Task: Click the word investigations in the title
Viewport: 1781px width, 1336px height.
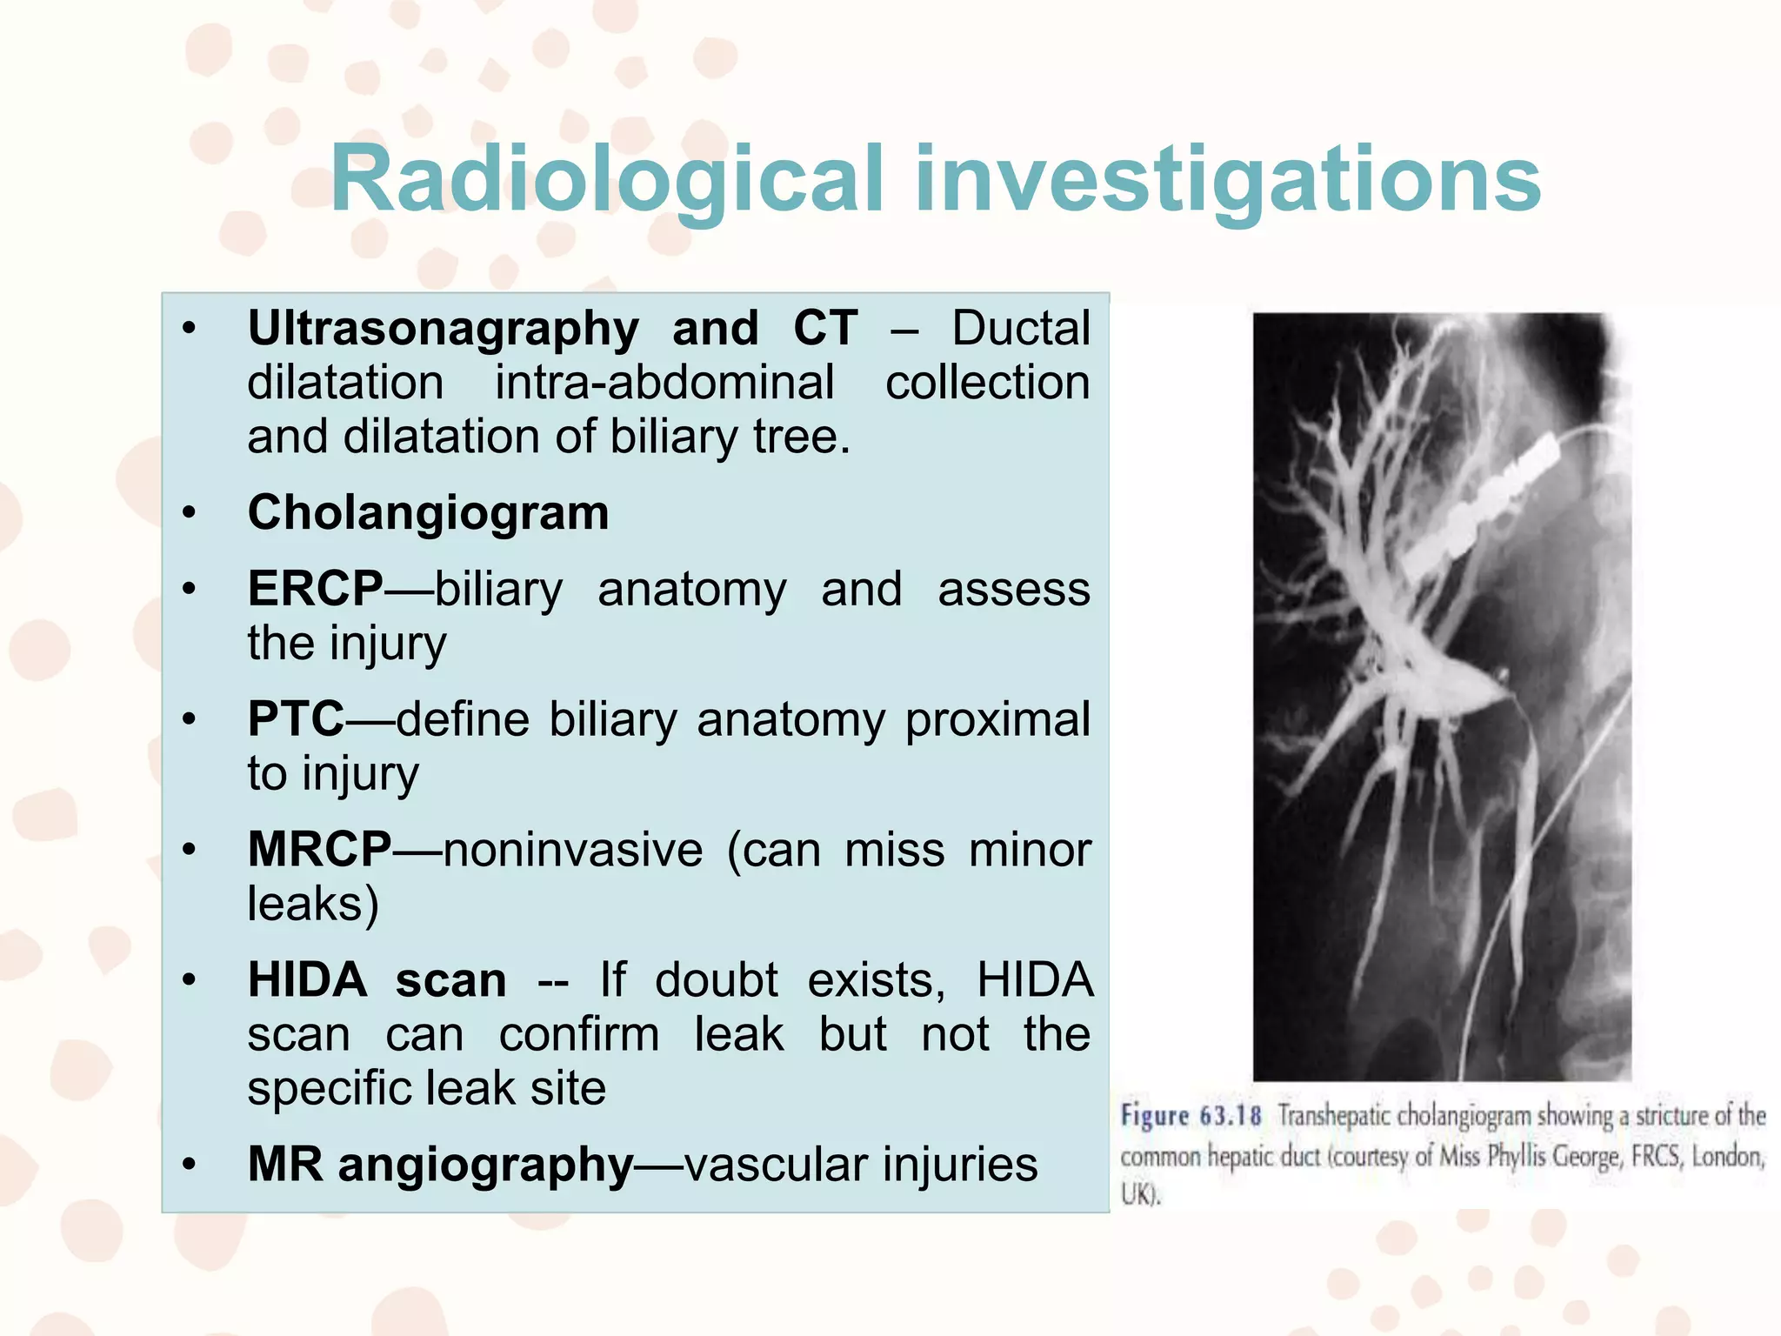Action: coord(1227,180)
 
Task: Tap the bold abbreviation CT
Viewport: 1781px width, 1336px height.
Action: coord(824,329)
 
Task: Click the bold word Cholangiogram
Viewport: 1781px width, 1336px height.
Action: coord(428,512)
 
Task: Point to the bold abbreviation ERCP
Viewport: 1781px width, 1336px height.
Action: coord(315,589)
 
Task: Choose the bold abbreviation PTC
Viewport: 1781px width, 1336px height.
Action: coord(296,719)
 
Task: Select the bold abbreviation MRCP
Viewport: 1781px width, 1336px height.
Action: coord(319,849)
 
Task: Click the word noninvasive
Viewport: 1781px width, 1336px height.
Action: coord(572,850)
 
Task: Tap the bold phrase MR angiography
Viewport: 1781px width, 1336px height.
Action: coord(440,1165)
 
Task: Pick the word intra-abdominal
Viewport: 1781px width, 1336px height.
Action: coord(664,383)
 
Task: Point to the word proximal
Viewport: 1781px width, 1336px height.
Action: coord(997,719)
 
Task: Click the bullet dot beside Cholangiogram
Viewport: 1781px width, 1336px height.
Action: coord(190,513)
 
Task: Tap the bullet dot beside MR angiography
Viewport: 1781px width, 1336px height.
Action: coord(190,1166)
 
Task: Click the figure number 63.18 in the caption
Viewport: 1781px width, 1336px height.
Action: coord(1230,1116)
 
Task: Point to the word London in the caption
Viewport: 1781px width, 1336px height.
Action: coord(1727,1157)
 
